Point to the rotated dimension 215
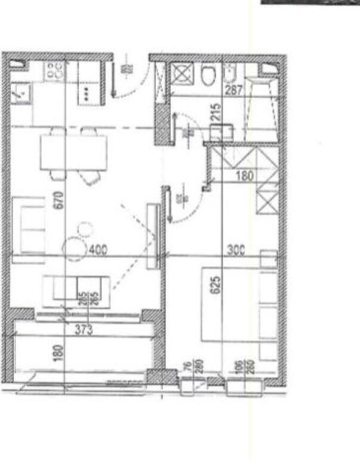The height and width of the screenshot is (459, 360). tap(216, 113)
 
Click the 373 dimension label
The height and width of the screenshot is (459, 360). tap(84, 328)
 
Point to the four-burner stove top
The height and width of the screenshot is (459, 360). tap(55, 71)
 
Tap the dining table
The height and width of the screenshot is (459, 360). tap(73, 152)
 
